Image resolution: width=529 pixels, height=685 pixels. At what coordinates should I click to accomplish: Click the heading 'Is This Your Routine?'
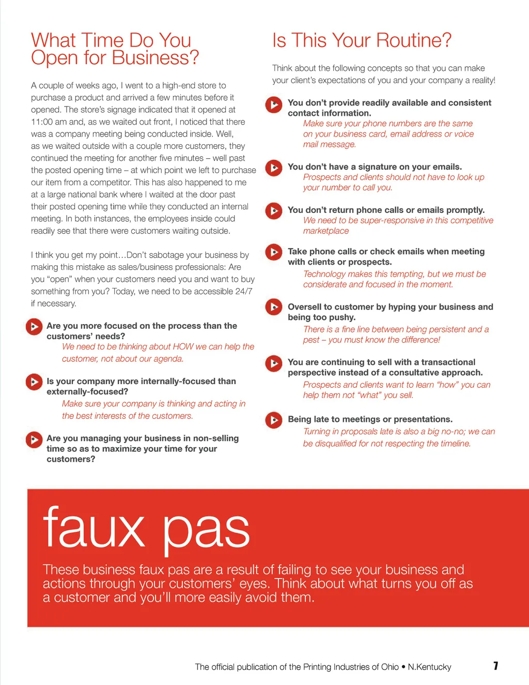pos(362,40)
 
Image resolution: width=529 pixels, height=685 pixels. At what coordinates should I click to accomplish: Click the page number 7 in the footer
pos(495,666)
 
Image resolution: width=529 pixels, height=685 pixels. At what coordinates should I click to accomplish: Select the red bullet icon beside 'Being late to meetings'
pos(274,420)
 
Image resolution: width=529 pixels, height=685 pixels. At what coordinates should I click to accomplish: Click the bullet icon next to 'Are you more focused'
pos(34,327)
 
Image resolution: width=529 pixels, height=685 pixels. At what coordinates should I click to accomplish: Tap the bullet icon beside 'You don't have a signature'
pos(274,168)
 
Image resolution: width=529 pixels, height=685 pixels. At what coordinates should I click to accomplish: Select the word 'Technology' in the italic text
pos(324,274)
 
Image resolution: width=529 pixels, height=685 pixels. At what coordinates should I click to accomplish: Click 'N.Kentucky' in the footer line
pos(429,667)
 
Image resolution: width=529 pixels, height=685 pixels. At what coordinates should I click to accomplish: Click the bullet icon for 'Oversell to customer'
pos(274,307)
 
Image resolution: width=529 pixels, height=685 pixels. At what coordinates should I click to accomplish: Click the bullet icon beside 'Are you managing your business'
pos(34,439)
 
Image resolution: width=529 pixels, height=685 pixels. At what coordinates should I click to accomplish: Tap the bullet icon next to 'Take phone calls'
pos(274,252)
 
